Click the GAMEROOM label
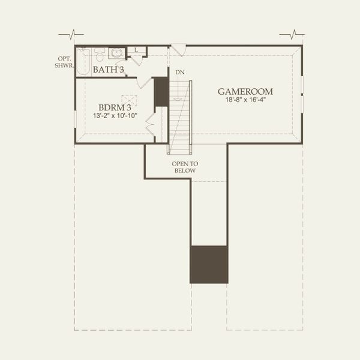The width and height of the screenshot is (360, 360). click(x=245, y=92)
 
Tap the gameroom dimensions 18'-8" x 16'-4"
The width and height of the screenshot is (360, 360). click(x=245, y=101)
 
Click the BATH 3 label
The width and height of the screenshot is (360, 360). click(x=109, y=70)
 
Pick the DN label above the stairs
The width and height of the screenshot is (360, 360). click(x=179, y=73)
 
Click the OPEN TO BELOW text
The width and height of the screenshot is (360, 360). click(x=185, y=167)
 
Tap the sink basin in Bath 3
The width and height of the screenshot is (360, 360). click(x=117, y=53)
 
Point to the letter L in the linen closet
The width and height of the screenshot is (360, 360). click(x=136, y=50)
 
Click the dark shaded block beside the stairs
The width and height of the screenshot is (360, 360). click(x=161, y=92)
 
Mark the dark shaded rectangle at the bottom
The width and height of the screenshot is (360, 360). click(x=209, y=264)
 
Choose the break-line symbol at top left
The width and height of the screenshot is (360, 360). click(x=74, y=34)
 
